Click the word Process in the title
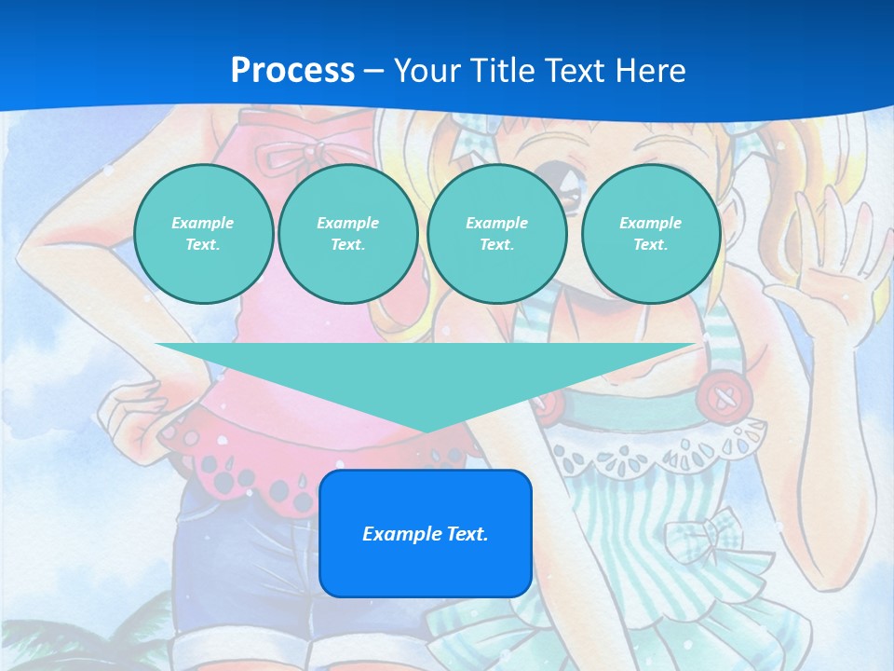(292, 70)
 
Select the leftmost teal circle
(203, 233)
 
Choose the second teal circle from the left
(347, 233)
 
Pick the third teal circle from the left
(496, 233)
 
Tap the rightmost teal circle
(650, 233)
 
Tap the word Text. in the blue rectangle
(465, 534)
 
